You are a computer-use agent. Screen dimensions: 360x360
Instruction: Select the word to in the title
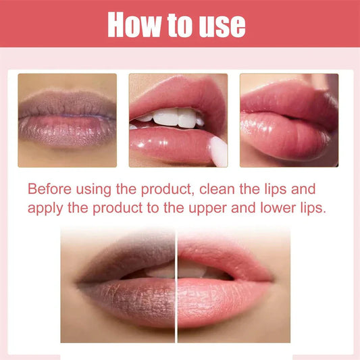[x=176, y=24]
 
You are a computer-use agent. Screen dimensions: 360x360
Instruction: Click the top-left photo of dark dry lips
[x=67, y=120]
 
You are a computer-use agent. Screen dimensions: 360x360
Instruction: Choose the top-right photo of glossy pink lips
[x=288, y=120]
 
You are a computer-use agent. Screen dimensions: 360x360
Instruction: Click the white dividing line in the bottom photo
[x=176, y=284]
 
